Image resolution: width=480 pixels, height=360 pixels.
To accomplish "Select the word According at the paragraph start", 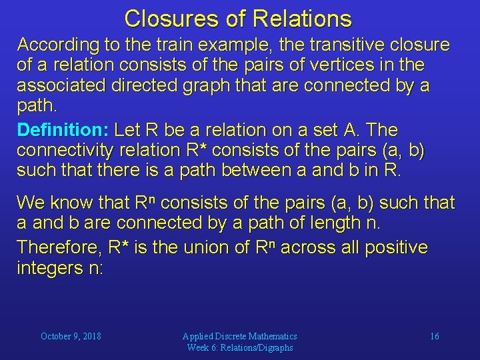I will [x=55, y=45].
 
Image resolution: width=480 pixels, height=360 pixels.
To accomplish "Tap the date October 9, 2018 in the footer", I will [x=71, y=336].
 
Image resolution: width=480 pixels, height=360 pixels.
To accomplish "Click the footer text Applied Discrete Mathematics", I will [x=240, y=336].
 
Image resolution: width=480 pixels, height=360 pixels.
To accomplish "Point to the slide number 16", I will [x=434, y=336].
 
